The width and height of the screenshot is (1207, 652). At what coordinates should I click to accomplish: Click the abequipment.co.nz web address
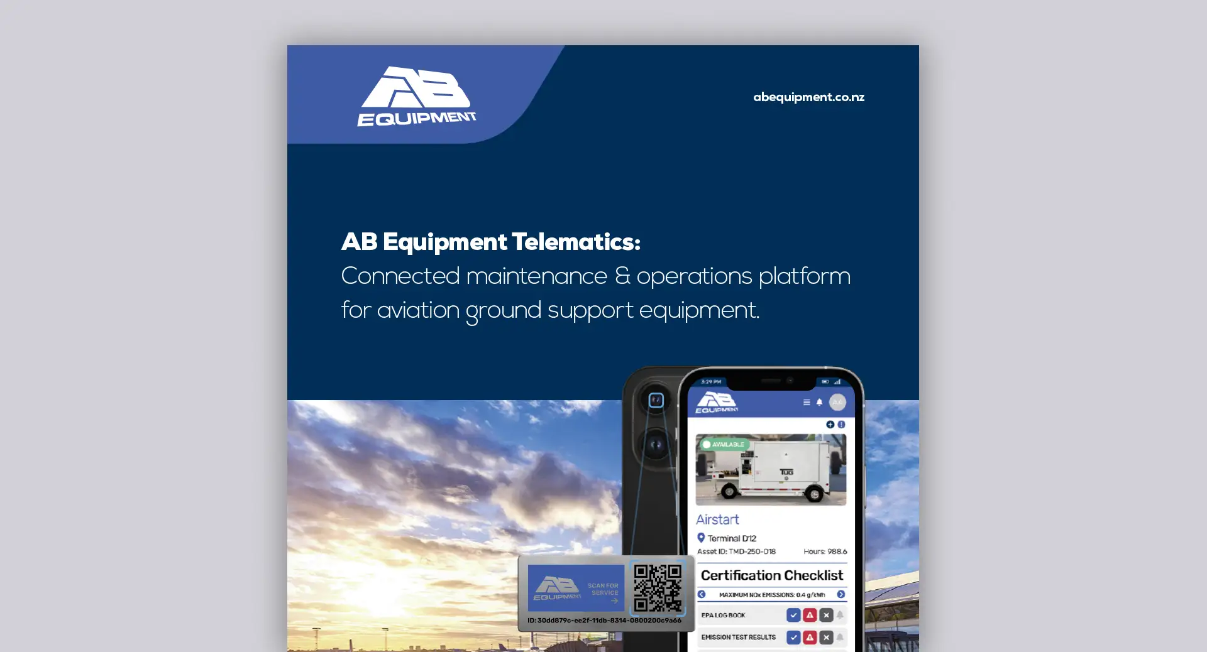tap(808, 97)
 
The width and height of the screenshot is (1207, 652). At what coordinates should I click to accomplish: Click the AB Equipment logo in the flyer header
tap(416, 97)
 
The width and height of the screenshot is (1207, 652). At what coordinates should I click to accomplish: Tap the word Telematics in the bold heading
tap(575, 242)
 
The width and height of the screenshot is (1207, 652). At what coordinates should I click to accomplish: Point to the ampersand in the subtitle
tap(622, 276)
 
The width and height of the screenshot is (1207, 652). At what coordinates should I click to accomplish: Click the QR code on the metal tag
tap(658, 588)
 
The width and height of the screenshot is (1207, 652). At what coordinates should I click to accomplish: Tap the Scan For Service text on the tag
tap(603, 589)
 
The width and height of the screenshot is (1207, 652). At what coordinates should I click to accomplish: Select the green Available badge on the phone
tap(724, 444)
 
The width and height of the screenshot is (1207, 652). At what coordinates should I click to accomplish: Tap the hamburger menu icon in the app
tap(807, 403)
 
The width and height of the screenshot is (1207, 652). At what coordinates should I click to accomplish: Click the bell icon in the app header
tap(819, 403)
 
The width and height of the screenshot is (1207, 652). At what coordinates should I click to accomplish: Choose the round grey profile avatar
tap(837, 402)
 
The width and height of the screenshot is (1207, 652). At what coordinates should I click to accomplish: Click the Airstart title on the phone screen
tap(717, 519)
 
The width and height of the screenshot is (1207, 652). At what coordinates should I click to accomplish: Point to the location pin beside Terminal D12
tap(701, 538)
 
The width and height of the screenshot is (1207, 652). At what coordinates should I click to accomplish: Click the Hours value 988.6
tap(837, 551)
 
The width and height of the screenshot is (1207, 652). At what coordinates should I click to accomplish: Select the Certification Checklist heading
tap(771, 575)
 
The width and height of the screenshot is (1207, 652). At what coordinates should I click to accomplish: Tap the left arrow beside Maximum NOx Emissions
tap(702, 594)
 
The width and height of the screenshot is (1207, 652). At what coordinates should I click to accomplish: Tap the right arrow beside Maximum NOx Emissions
tap(841, 594)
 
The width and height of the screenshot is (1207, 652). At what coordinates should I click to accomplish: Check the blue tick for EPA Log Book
tap(793, 615)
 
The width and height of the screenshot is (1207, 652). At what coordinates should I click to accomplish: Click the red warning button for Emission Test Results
tap(810, 638)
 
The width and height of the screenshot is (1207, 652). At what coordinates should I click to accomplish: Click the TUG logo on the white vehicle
tap(786, 472)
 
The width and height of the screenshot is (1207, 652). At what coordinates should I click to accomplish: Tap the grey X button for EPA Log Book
tap(826, 615)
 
